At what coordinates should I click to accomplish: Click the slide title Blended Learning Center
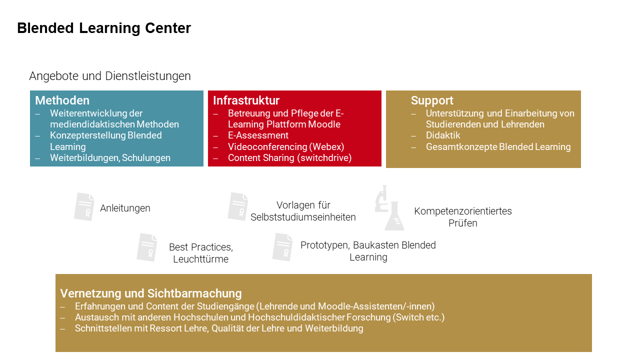tap(104, 28)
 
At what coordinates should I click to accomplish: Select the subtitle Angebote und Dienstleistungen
tap(110, 76)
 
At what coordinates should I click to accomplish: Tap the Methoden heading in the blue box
tap(62, 100)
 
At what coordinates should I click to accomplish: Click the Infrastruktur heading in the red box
tap(246, 100)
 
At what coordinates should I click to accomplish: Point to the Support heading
tap(432, 100)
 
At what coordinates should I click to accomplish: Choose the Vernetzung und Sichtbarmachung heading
tap(151, 293)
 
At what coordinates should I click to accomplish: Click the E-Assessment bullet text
tap(258, 135)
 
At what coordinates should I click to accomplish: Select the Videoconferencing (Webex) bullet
tap(286, 147)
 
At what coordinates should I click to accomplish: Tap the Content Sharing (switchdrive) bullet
tap(289, 158)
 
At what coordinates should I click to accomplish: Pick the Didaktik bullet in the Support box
tap(443, 135)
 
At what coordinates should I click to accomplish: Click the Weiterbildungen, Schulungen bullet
tap(110, 158)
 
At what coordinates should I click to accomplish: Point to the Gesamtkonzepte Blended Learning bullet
tap(498, 147)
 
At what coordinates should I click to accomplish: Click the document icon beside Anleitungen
tap(84, 207)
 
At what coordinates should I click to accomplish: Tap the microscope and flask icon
tap(389, 207)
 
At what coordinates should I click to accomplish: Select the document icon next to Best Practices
tap(147, 247)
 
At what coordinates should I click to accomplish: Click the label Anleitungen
tap(125, 208)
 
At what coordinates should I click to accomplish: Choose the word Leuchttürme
tap(201, 259)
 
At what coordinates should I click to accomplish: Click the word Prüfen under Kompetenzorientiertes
tap(463, 223)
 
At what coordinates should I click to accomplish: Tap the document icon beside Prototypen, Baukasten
tap(282, 247)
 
